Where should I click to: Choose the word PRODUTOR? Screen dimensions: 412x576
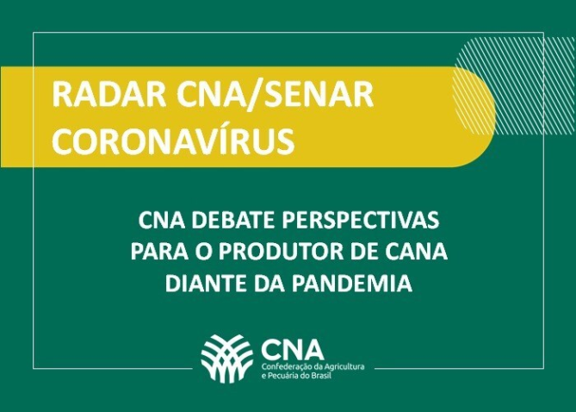point(281,253)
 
